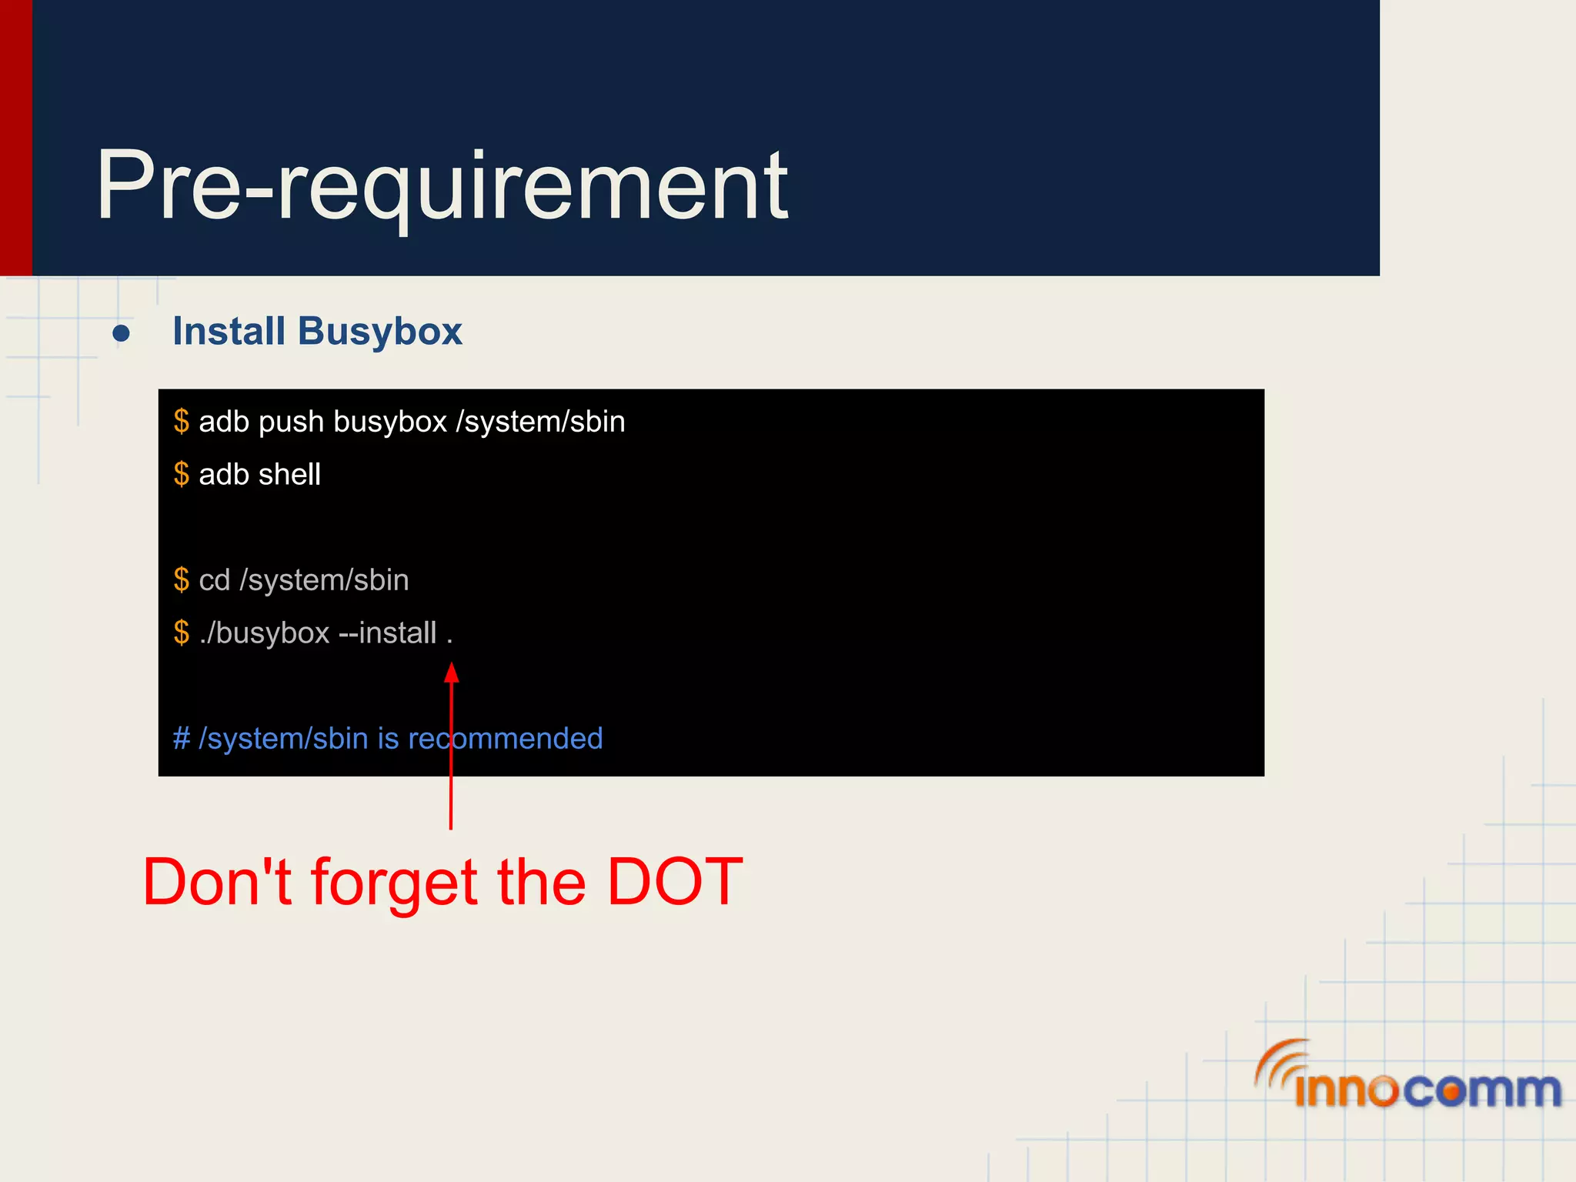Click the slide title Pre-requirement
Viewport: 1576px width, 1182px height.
[442, 186]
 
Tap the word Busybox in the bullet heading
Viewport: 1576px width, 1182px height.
[379, 332]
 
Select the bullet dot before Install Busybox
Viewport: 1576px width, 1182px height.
[121, 334]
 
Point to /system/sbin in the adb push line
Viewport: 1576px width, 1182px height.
[540, 422]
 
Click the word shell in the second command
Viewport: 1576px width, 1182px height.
[290, 475]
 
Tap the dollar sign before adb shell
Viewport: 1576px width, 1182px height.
[181, 475]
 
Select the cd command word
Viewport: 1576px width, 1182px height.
[214, 580]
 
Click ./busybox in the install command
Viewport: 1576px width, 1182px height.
[264, 633]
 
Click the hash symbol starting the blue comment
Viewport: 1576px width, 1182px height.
[182, 739]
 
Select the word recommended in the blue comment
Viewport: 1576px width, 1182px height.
[506, 739]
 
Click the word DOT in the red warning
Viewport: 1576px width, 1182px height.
[674, 882]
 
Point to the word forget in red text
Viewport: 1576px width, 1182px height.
[393, 883]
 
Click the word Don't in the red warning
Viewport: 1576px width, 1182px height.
[217, 882]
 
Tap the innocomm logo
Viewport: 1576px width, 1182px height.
[1408, 1077]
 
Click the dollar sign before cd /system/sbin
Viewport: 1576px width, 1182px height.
[181, 580]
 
